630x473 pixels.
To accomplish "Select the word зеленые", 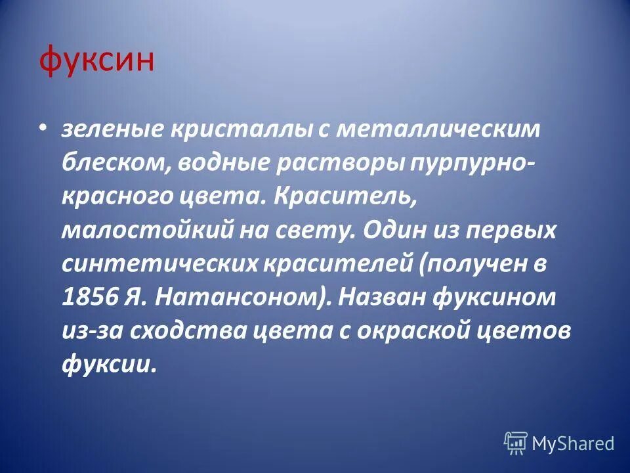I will (x=112, y=129).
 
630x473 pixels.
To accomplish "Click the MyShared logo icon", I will (x=515, y=443).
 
